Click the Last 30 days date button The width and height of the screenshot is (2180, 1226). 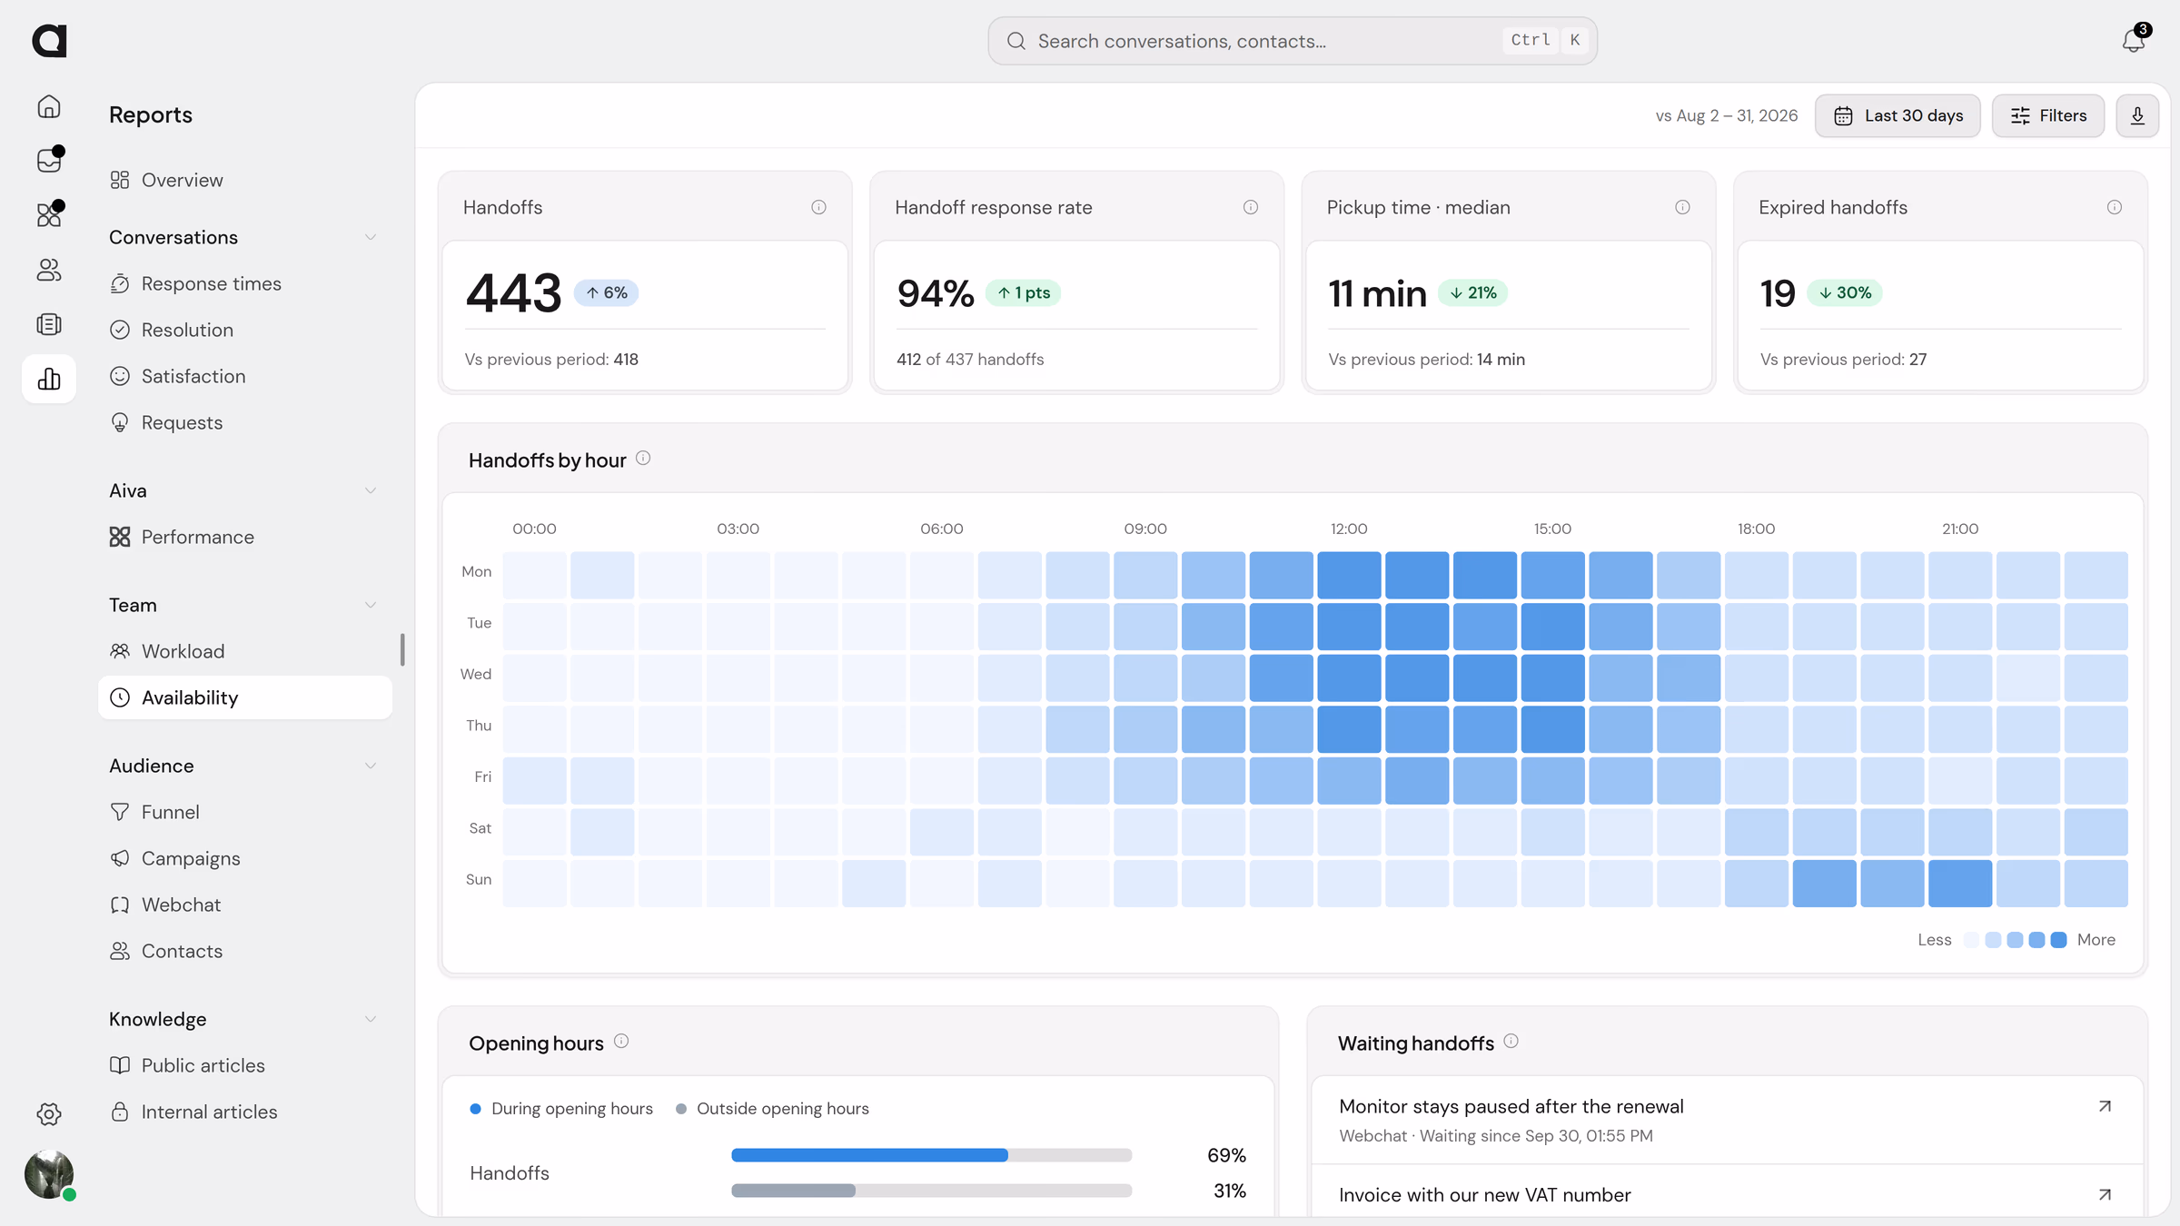1898,115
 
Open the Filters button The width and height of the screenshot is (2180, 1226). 2048,115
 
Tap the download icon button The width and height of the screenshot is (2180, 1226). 2137,115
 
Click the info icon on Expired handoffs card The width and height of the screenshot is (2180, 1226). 2115,207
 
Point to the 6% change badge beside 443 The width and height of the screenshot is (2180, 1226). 606,292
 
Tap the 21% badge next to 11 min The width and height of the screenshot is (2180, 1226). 1472,292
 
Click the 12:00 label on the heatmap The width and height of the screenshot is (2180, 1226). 1349,529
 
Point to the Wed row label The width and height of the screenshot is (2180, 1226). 476,674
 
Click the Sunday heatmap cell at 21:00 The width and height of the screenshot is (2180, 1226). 1960,884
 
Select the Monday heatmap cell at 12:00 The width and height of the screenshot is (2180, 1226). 1349,575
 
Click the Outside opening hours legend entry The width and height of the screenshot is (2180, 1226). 773,1109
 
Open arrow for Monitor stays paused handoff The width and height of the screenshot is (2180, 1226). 2105,1106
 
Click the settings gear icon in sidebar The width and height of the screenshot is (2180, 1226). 49,1114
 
